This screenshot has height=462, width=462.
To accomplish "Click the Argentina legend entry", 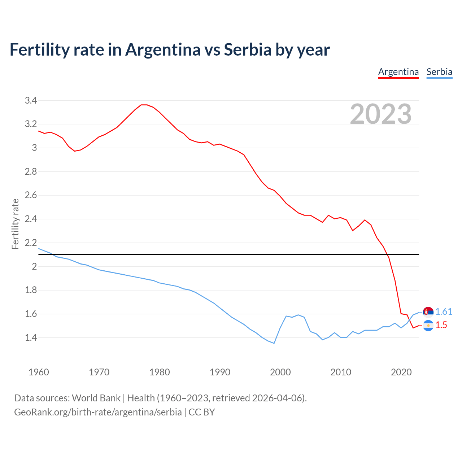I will point(398,72).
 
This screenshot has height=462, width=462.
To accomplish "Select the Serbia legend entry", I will point(439,72).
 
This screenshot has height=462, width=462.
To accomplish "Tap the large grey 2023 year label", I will point(381,114).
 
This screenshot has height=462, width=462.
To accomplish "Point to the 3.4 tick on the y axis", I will point(31,100).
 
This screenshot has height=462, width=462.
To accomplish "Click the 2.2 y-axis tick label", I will point(31,243).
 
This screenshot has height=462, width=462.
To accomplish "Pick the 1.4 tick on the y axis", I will point(31,337).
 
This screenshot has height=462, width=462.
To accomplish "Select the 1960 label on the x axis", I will point(39,372).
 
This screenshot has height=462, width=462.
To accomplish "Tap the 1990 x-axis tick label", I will point(220,372).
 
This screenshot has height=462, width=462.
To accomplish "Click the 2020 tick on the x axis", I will point(401,372).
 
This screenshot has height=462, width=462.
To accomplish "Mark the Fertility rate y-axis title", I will point(15,224).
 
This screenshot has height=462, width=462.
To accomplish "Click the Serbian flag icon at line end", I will point(428,312).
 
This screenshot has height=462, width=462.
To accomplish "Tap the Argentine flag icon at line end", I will point(428,326).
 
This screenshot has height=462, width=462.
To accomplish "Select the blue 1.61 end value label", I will point(444,312).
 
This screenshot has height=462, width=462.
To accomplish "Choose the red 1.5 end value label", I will point(441,325).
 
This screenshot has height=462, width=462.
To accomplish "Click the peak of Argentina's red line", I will point(144,105).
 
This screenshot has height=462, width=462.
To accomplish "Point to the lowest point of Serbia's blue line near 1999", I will point(274,343).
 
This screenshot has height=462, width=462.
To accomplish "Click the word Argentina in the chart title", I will point(163,50).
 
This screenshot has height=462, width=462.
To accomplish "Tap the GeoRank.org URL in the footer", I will point(98,412).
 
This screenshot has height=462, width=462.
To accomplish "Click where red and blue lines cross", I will point(410,319).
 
